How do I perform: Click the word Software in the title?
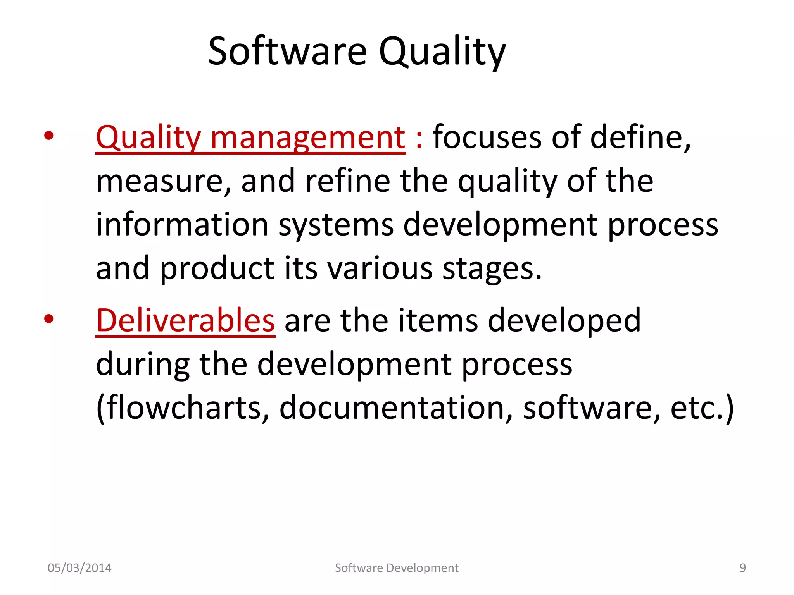(287, 51)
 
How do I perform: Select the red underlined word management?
(308, 137)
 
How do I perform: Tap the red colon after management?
(419, 139)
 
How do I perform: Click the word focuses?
(487, 137)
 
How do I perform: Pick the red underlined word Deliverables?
(185, 320)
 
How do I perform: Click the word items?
(438, 320)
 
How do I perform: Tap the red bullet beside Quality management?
(48, 136)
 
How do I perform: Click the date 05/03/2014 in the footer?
(79, 568)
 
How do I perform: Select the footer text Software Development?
(397, 568)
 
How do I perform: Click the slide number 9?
(742, 568)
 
